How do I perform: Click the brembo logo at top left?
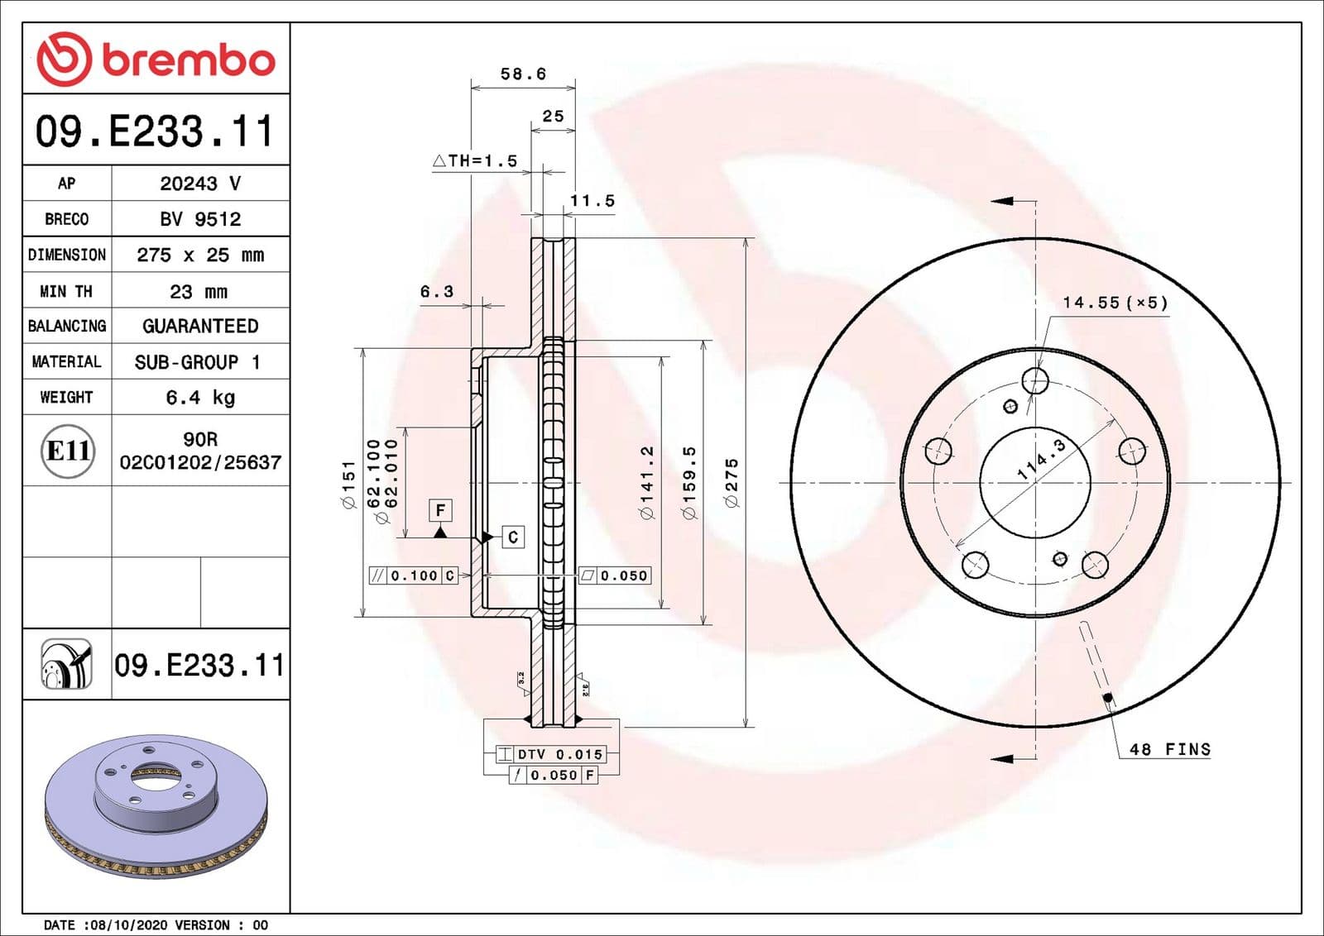point(156,59)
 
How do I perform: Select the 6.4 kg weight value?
point(200,398)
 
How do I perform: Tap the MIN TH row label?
point(66,291)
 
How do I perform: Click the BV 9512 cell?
point(200,219)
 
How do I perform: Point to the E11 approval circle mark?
point(67,451)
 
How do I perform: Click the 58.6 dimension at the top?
point(523,74)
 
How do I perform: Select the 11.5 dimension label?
point(592,201)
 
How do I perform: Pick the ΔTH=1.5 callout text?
point(476,160)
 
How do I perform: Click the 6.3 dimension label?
point(437,291)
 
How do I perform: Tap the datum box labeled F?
point(440,510)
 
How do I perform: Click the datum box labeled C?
point(513,537)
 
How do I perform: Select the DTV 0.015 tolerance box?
point(551,754)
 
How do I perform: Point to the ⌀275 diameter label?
point(732,484)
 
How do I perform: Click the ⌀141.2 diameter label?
point(647,484)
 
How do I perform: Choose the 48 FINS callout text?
point(1169,749)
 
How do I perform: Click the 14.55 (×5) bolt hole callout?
point(1115,303)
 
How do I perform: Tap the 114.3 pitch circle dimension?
point(1041,460)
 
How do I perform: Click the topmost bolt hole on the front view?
point(1035,381)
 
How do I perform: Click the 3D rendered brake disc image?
point(156,806)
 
